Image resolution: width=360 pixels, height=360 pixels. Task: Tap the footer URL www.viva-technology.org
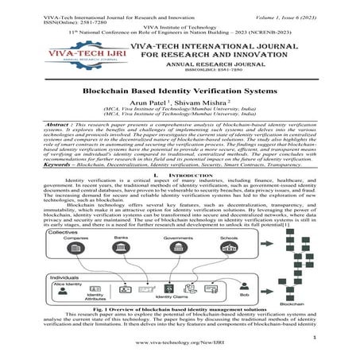pos(180,351)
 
